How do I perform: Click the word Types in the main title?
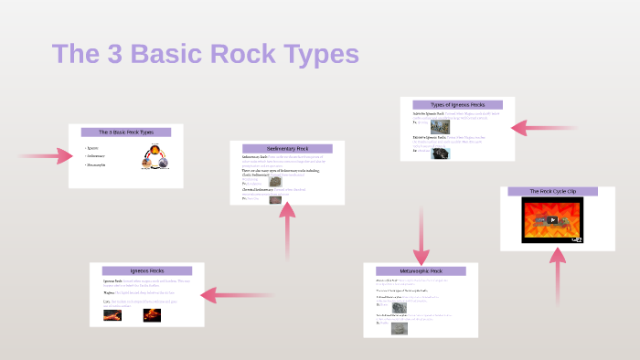pos(313,53)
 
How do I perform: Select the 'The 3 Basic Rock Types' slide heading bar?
pos(126,132)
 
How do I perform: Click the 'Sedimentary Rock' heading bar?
pos(287,148)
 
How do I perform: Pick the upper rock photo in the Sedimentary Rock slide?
pos(275,181)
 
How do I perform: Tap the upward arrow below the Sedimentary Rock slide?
pos(287,228)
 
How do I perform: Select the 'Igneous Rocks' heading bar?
pos(147,271)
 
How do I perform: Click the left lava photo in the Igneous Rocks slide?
pos(112,315)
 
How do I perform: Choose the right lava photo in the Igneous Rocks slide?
pos(152,315)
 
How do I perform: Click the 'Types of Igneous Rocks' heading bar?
pos(457,105)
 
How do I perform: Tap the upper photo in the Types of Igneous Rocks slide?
pos(440,125)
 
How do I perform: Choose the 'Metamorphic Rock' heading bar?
pos(421,270)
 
